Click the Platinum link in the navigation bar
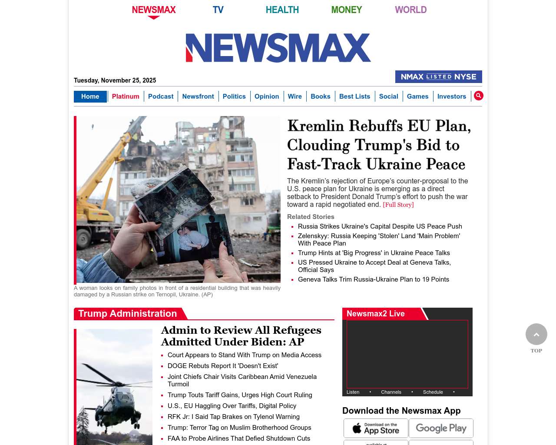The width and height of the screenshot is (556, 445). tap(126, 96)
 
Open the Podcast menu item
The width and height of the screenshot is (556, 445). tap(161, 96)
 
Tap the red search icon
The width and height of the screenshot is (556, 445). tap(478, 96)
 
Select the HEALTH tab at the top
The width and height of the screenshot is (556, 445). tap(282, 10)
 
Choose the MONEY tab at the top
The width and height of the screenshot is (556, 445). tap(346, 10)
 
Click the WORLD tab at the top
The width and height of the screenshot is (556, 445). tap(410, 10)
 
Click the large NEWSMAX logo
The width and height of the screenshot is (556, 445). tap(278, 48)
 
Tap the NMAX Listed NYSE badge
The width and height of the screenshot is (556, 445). tap(438, 77)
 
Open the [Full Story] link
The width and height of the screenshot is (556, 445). tap(398, 205)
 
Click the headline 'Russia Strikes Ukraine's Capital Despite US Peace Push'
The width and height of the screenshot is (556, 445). tap(380, 226)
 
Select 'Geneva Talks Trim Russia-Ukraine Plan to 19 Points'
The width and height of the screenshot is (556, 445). tap(373, 279)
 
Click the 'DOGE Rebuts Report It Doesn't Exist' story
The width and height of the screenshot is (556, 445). tap(222, 366)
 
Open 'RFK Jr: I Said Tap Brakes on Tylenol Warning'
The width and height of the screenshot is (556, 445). tap(233, 417)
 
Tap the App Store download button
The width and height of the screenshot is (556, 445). tap(376, 428)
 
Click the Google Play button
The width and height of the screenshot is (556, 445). tap(441, 428)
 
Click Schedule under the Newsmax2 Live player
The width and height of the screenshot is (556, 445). tap(433, 392)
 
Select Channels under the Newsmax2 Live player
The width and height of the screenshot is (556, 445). tap(391, 392)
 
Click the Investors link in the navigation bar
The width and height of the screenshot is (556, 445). tap(451, 96)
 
